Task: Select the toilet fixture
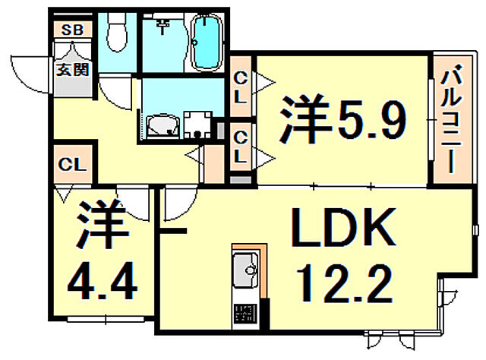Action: (x=117, y=33)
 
